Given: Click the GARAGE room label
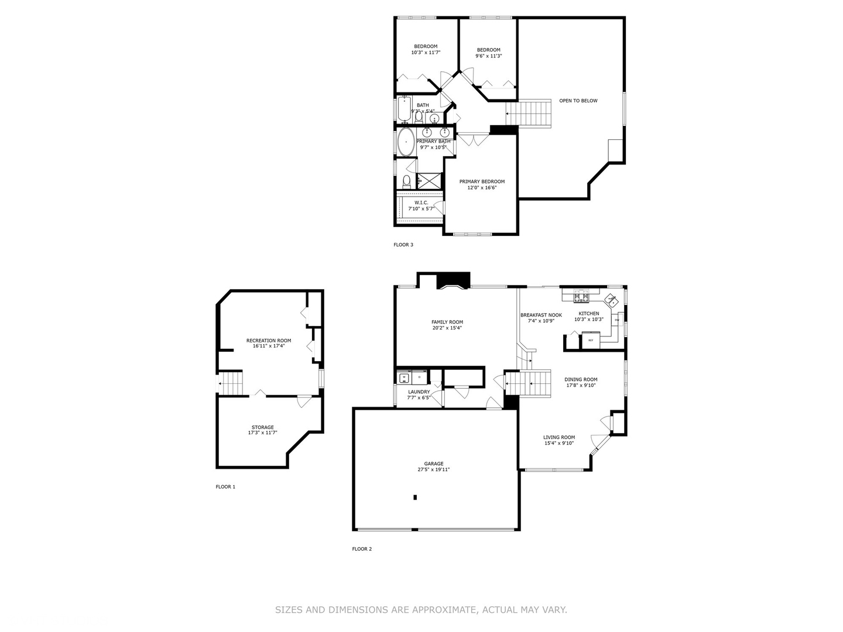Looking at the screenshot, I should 434,463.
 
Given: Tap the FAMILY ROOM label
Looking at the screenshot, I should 447,322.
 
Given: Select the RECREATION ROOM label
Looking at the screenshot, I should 269,340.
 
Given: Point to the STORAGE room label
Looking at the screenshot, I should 263,427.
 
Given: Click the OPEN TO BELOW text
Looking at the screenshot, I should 578,101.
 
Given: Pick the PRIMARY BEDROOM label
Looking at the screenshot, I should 482,181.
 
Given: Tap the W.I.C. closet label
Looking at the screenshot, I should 421,202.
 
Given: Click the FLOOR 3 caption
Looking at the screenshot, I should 403,245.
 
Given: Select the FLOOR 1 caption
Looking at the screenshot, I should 225,486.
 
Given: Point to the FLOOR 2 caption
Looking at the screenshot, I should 362,549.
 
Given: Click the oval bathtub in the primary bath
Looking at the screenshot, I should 406,142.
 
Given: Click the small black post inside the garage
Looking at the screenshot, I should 415,497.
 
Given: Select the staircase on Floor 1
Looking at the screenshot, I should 231,384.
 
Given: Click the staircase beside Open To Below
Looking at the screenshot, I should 530,112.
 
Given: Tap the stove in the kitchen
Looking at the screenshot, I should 581,297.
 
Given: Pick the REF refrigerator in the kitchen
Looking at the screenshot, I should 591,340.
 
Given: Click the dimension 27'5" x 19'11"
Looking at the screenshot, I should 434,469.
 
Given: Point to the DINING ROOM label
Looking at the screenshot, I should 581,379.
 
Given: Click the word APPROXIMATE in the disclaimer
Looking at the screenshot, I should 443,610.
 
